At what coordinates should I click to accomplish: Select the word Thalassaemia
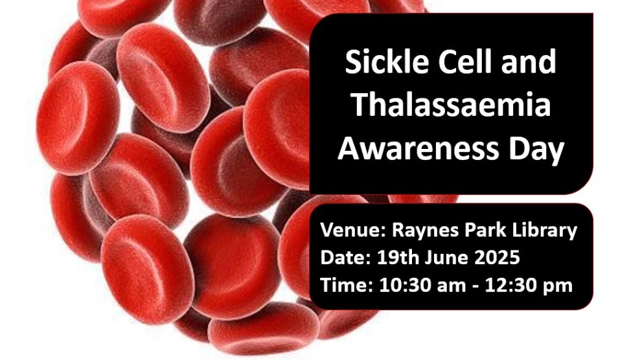click(x=451, y=106)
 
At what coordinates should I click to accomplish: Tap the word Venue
click(x=347, y=231)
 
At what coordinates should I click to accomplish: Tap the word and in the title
click(x=531, y=62)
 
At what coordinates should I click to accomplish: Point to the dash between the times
click(x=467, y=286)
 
